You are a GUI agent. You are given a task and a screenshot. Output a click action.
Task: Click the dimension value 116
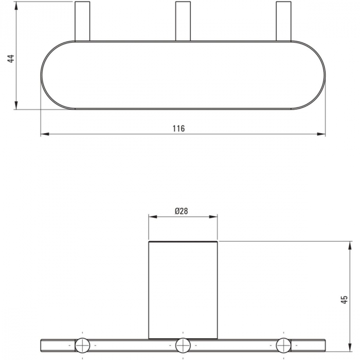(178, 129)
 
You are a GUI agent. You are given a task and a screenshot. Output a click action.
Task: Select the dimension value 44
(11, 58)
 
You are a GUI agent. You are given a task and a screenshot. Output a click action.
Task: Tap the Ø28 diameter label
(181, 211)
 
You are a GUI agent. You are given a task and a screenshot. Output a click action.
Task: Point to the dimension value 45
(344, 300)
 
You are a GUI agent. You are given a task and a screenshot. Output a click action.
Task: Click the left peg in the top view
(82, 22)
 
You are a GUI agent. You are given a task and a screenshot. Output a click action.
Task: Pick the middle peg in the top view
(183, 22)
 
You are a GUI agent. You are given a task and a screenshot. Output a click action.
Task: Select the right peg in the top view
(283, 22)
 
